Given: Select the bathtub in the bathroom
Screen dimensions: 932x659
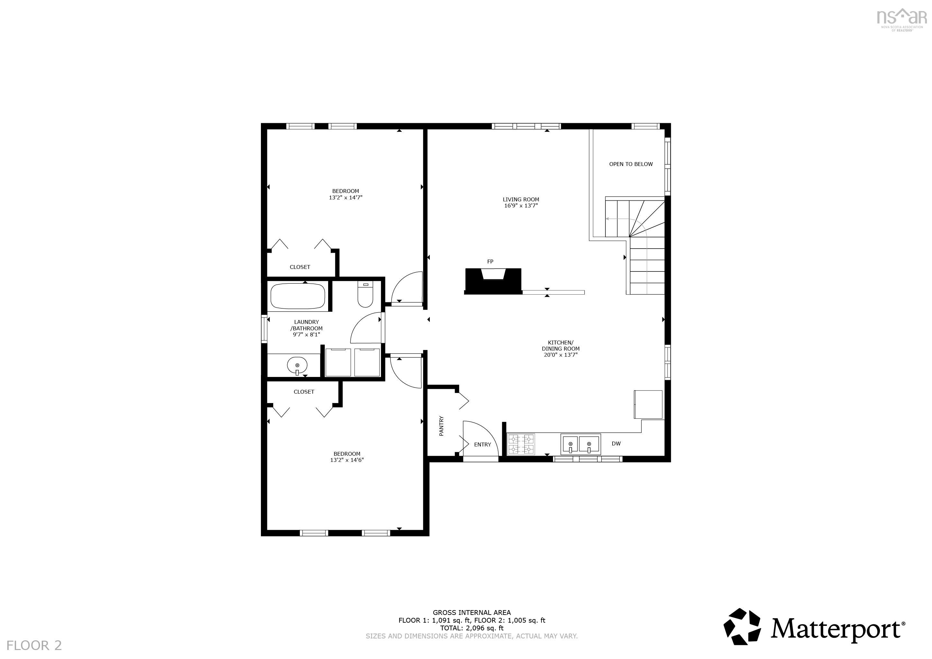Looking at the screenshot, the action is tap(298, 296).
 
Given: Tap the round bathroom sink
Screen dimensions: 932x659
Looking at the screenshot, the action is tap(297, 365).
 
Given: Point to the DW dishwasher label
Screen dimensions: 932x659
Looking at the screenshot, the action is tap(616, 444).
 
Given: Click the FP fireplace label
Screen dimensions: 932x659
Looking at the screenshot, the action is tap(490, 261).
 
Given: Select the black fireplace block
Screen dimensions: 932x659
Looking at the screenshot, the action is tap(493, 281).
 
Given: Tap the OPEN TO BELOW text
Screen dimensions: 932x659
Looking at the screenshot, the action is tap(631, 164).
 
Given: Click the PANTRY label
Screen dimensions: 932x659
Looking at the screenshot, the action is tap(441, 426).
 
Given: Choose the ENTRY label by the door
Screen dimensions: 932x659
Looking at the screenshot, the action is tap(483, 444).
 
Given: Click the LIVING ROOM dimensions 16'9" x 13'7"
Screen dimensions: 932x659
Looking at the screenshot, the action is tap(521, 206).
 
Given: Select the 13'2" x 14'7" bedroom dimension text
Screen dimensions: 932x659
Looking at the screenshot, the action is tap(346, 197).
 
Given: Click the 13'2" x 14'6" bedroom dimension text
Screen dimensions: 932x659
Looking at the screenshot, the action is tap(347, 460).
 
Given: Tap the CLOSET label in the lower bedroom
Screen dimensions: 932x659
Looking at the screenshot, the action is tap(304, 392).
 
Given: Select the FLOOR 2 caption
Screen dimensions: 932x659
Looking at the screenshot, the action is tap(34, 645).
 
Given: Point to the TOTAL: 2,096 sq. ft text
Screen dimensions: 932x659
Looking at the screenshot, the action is tap(472, 628).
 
